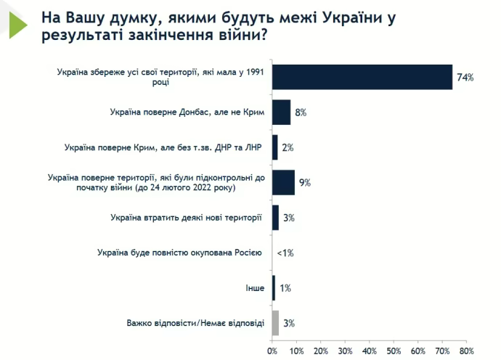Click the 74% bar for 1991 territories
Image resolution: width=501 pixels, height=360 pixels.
pyautogui.click(x=362, y=76)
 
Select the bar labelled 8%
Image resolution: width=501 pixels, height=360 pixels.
pyautogui.click(x=281, y=112)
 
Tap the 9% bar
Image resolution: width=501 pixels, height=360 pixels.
pyautogui.click(x=283, y=182)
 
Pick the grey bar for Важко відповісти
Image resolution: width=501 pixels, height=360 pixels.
pyautogui.click(x=275, y=323)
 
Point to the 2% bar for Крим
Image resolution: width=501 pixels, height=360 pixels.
pyautogui.click(x=274, y=147)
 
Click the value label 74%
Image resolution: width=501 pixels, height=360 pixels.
pyautogui.click(x=465, y=77)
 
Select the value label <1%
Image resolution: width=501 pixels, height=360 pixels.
pyautogui.click(x=285, y=253)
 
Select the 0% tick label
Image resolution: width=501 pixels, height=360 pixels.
pyautogui.click(x=272, y=352)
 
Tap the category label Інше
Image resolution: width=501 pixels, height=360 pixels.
pyautogui.click(x=255, y=288)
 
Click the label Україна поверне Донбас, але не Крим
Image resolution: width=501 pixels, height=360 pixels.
pyautogui.click(x=187, y=112)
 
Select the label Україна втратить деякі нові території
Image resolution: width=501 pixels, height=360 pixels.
pyautogui.click(x=187, y=218)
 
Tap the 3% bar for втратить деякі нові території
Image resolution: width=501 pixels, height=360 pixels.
pyautogui.click(x=275, y=218)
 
